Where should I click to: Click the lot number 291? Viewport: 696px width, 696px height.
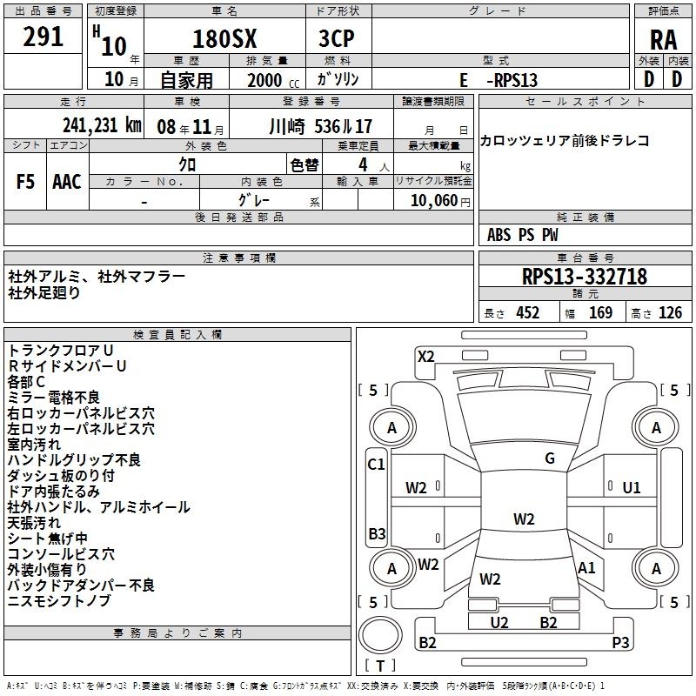pyautogui.click(x=43, y=37)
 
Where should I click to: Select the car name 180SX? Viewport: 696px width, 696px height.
pyautogui.click(x=224, y=39)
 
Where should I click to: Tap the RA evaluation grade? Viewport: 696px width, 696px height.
pyautogui.click(x=663, y=40)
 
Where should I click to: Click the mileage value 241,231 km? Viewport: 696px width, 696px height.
pyautogui.click(x=102, y=125)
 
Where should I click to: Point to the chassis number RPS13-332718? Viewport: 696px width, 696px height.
pyautogui.click(x=585, y=276)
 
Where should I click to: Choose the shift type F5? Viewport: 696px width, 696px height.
pyautogui.click(x=25, y=182)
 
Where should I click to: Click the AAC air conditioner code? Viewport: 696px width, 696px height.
pyautogui.click(x=67, y=182)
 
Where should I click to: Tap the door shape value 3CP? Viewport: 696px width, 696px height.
pyautogui.click(x=337, y=39)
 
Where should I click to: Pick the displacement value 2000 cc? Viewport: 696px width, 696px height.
pyautogui.click(x=273, y=80)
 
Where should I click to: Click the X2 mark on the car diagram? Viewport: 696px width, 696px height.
pyautogui.click(x=425, y=357)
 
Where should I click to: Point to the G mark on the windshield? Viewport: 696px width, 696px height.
pyautogui.click(x=550, y=458)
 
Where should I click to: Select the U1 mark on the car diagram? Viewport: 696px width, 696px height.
pyautogui.click(x=632, y=488)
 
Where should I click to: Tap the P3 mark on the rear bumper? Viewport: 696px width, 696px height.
pyautogui.click(x=620, y=642)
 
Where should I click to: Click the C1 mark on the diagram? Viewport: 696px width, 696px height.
pyautogui.click(x=376, y=465)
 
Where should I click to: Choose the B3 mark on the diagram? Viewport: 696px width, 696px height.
pyautogui.click(x=377, y=533)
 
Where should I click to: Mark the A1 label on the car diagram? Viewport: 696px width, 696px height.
pyautogui.click(x=586, y=568)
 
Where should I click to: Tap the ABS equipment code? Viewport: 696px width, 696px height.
pyautogui.click(x=499, y=235)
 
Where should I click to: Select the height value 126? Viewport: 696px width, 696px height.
pyautogui.click(x=670, y=313)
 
